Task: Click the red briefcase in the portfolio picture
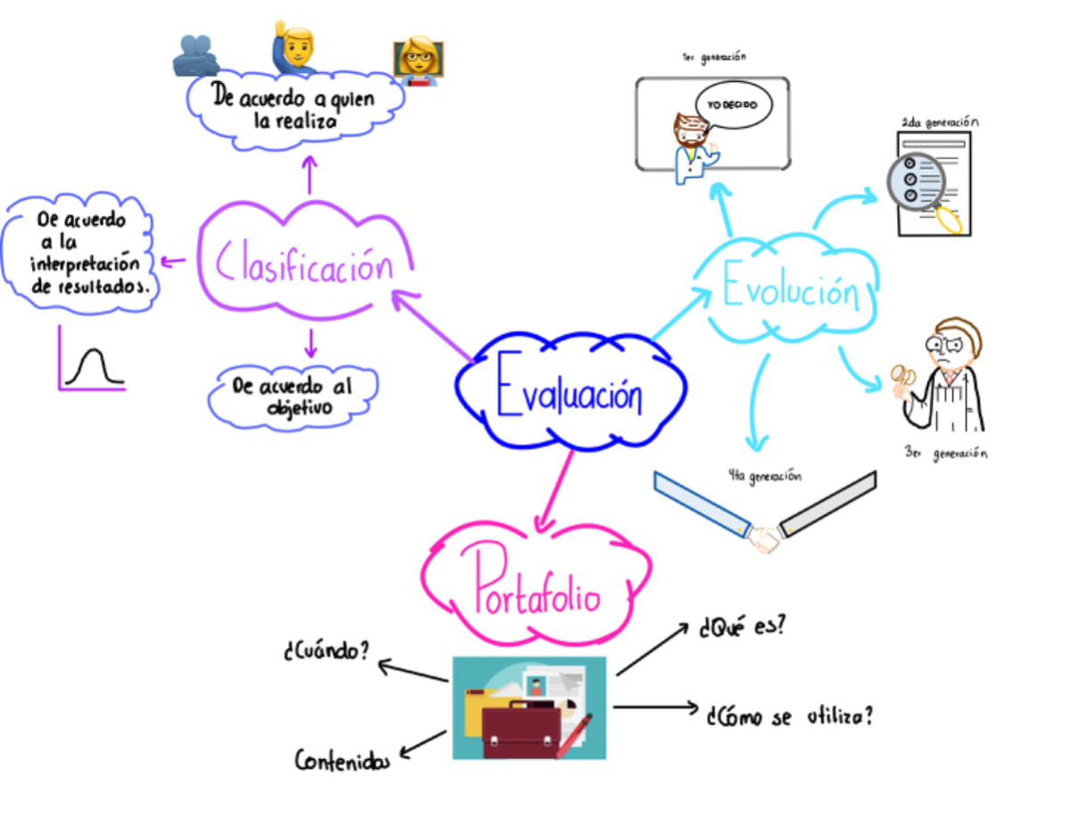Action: pos(520,728)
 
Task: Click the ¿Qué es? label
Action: pos(742,627)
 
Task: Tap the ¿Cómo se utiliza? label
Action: pos(789,716)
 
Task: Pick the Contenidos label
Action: pos(343,761)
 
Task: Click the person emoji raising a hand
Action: pos(294,49)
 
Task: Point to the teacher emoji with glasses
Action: pos(418,61)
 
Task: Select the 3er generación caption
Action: pos(945,454)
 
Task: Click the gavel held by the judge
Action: pos(901,380)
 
